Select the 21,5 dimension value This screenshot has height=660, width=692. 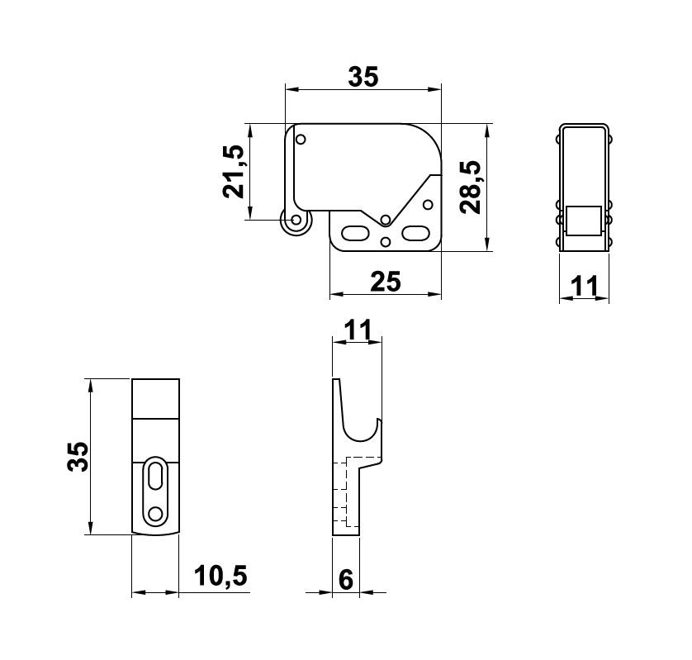pyautogui.click(x=234, y=172)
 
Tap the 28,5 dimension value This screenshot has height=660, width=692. pyautogui.click(x=471, y=187)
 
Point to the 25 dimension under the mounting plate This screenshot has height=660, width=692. pyautogui.click(x=385, y=283)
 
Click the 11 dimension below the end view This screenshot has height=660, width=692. pyautogui.click(x=585, y=287)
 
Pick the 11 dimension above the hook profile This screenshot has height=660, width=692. pyautogui.click(x=357, y=330)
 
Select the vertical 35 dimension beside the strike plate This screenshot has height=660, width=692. pyautogui.click(x=77, y=457)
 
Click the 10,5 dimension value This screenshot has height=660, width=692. pyautogui.click(x=220, y=577)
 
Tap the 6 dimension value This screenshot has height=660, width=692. pyautogui.click(x=346, y=580)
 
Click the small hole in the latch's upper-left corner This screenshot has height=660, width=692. pyautogui.click(x=301, y=139)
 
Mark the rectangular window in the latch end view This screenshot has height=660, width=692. pyautogui.click(x=584, y=221)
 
